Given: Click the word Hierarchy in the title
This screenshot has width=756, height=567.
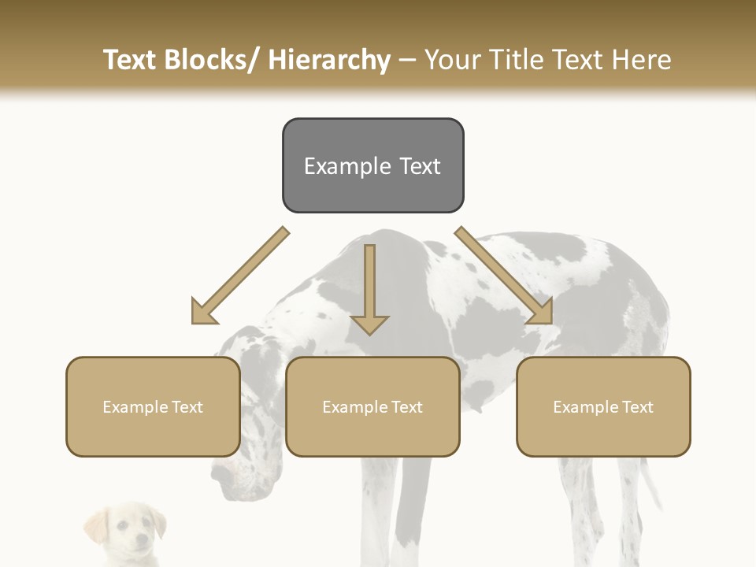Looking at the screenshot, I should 329,60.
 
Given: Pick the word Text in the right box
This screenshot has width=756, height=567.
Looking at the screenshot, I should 636,407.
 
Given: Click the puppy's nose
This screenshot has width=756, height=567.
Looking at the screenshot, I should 139,543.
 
